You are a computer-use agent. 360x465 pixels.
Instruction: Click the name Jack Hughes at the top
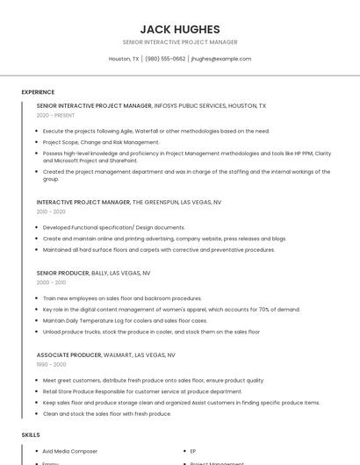179,29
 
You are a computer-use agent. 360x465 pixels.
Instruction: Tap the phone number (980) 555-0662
165,59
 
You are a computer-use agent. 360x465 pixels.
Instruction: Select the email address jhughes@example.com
220,59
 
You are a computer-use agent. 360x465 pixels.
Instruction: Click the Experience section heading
38,92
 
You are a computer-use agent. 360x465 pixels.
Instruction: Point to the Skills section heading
31,434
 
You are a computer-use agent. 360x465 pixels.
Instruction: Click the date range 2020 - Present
55,115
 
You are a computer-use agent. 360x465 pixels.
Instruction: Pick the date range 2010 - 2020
51,211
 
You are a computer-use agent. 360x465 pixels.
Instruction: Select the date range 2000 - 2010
51,283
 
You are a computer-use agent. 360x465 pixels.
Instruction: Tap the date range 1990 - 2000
51,364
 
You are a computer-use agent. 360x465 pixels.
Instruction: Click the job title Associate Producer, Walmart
105,355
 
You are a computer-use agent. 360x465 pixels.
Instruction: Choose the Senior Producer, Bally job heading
92,273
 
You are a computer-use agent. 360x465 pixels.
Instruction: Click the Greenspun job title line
128,202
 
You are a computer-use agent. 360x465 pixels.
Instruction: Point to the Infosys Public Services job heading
151,105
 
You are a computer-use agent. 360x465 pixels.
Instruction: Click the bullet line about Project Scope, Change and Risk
101,141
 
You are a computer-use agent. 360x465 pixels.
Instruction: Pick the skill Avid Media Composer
70,451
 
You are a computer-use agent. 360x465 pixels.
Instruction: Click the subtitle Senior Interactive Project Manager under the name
179,42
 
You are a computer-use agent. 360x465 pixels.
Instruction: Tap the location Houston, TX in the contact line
124,59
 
